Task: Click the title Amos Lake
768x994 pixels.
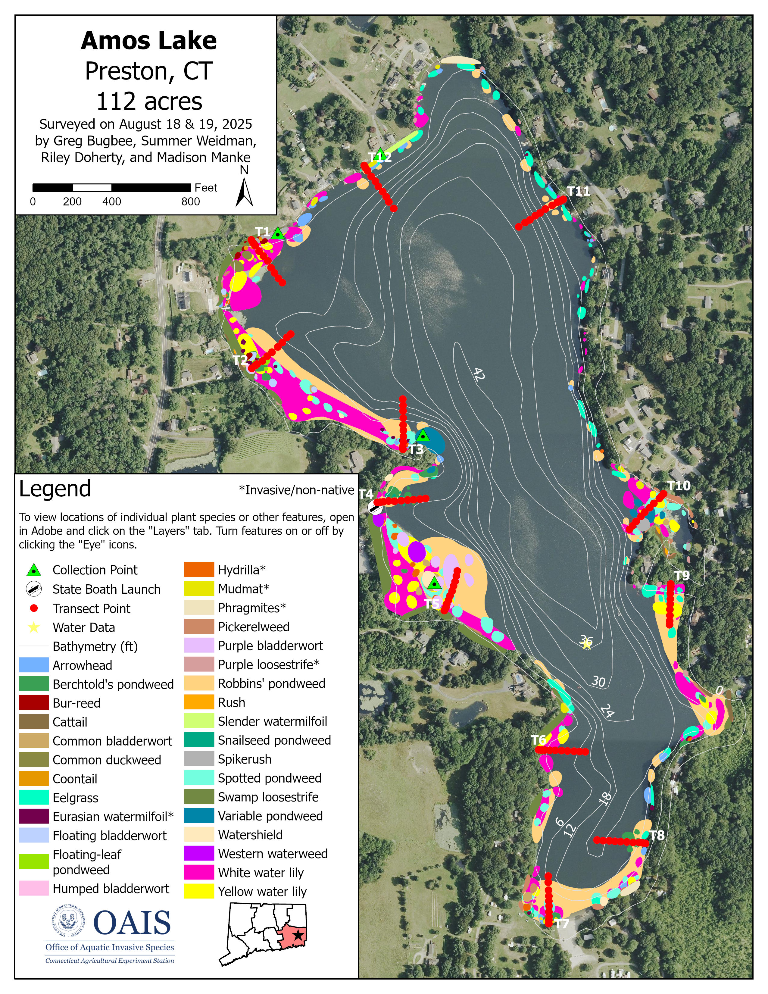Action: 149,41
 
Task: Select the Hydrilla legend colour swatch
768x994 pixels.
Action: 199,569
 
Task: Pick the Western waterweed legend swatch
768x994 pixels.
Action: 199,853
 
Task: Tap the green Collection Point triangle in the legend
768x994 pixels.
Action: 34,570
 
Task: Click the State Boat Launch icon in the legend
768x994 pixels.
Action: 34,589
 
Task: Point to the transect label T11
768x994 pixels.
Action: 578,191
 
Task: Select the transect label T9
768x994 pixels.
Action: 682,575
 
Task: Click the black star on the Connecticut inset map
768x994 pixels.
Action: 298,935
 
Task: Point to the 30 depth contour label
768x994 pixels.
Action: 598,681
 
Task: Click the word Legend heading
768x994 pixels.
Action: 55,489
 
